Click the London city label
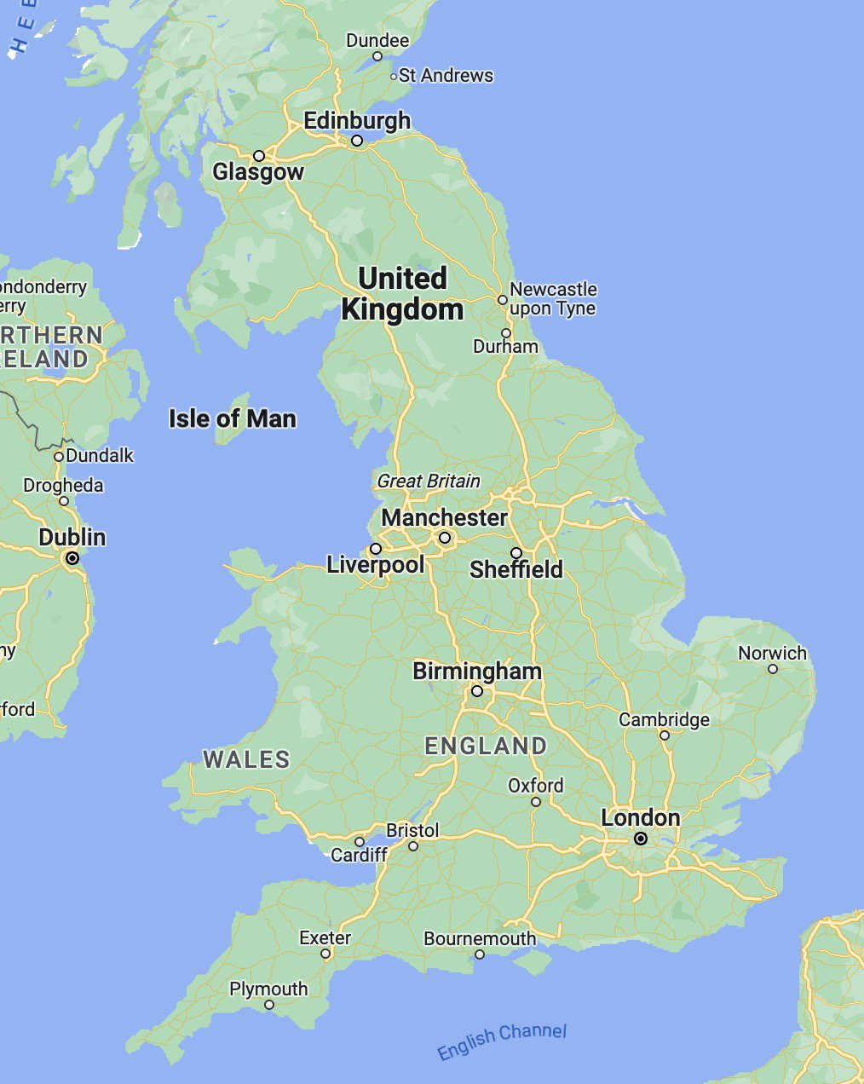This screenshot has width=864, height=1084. [640, 818]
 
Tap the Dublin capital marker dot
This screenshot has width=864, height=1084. [72, 558]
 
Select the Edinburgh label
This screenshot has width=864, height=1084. [357, 121]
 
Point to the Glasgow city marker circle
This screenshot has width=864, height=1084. [259, 156]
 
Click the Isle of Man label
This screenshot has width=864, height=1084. [232, 418]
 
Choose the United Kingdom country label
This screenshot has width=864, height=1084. [402, 294]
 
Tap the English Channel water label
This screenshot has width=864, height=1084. [501, 1041]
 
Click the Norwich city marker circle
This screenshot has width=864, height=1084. [773, 669]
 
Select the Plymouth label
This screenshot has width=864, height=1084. [268, 989]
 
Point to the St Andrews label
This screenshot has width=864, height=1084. [446, 76]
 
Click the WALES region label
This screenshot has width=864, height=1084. [246, 759]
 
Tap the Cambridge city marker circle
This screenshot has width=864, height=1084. [665, 735]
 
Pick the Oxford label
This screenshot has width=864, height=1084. [535, 785]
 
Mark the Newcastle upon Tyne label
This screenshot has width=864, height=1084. [553, 299]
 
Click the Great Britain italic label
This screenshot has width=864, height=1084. [429, 481]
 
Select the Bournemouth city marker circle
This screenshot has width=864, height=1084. [480, 954]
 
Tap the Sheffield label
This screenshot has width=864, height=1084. [516, 569]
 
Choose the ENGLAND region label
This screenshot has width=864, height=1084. [486, 747]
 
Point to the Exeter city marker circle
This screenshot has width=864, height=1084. [325, 954]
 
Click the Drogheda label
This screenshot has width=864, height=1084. [63, 486]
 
